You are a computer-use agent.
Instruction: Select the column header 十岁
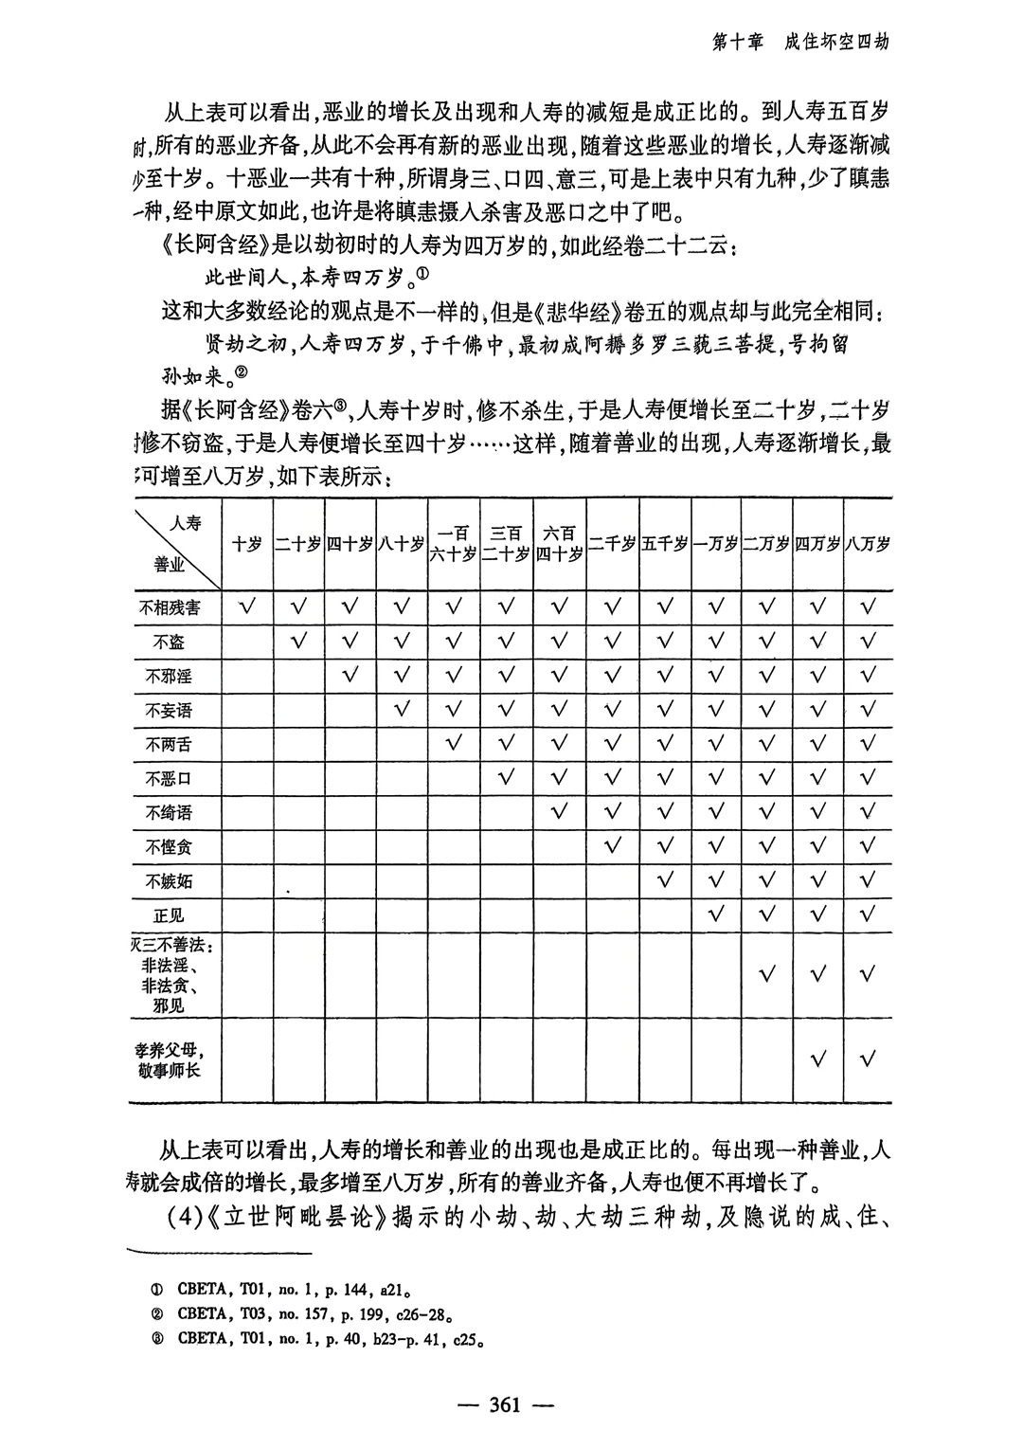(247, 544)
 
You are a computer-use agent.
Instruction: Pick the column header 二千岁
(611, 544)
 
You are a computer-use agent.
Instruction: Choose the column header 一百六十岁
(454, 544)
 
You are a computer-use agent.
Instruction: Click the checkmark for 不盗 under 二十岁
(299, 641)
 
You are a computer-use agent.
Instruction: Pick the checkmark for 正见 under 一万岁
(715, 915)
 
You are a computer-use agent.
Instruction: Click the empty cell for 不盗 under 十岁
(247, 642)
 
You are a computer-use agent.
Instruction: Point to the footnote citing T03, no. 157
(313, 1314)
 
